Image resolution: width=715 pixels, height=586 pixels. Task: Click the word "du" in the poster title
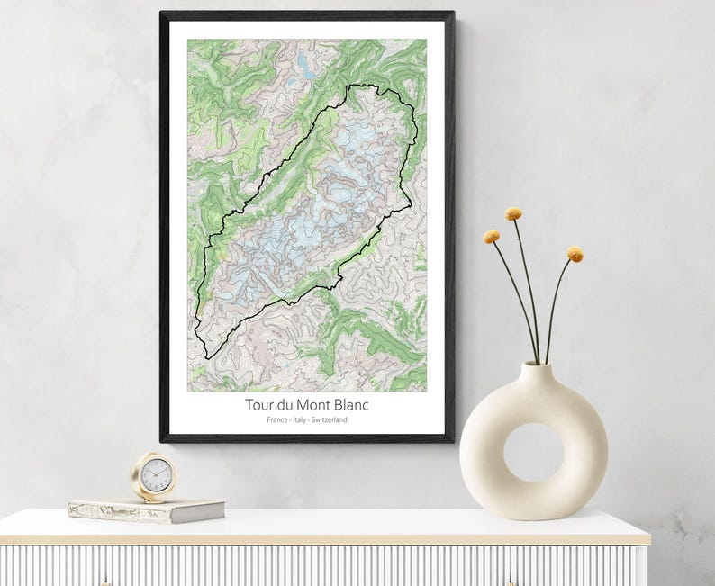287,406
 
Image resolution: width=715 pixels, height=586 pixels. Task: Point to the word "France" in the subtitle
278,420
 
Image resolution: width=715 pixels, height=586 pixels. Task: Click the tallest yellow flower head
513,214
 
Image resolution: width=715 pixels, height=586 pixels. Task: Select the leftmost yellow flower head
492,237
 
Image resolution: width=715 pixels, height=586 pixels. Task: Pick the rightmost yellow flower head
575,255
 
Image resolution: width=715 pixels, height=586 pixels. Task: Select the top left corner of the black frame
162,14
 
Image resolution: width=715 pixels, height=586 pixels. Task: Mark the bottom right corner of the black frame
452,440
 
